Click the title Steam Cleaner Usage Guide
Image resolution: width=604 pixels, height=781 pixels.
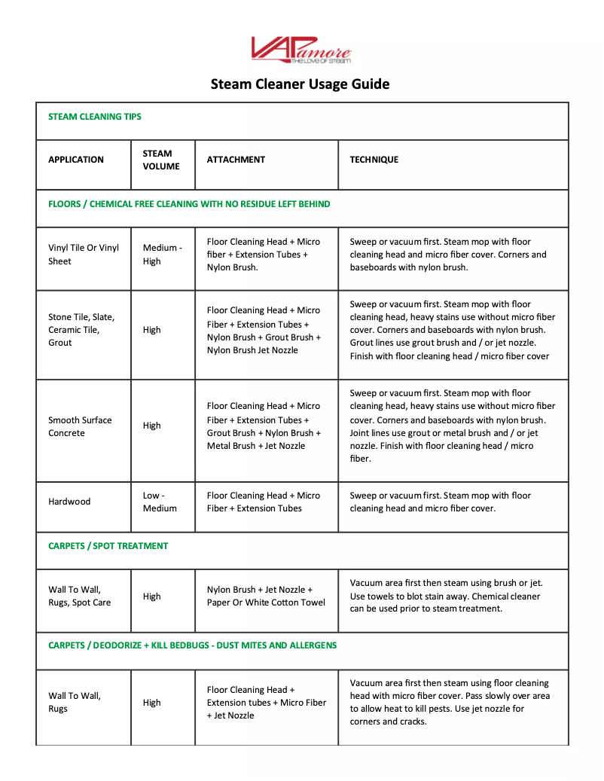(300, 84)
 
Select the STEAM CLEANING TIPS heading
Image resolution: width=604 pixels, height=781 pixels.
(95, 117)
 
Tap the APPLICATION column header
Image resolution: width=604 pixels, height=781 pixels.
(76, 160)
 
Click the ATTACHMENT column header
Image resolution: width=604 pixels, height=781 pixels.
(236, 160)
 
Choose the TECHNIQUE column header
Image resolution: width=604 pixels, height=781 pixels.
(374, 160)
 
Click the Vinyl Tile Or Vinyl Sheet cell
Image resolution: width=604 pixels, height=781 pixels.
(83, 255)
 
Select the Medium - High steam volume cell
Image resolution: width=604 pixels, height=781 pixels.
(162, 255)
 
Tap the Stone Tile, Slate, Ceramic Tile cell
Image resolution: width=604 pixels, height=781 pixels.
(81, 330)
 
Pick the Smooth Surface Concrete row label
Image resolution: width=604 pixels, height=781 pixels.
(80, 426)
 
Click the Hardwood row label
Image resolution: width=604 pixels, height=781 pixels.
(69, 502)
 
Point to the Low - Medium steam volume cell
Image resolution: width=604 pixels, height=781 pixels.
(160, 502)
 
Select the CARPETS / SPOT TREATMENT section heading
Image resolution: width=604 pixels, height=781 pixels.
(108, 546)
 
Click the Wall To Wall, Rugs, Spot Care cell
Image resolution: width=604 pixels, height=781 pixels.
(79, 596)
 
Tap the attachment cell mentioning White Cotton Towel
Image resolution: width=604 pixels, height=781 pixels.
(266, 596)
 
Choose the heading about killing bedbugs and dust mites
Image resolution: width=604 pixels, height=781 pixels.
(193, 645)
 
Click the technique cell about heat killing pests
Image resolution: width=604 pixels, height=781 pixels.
(450, 702)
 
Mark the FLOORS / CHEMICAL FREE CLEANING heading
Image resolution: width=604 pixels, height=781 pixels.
(189, 204)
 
